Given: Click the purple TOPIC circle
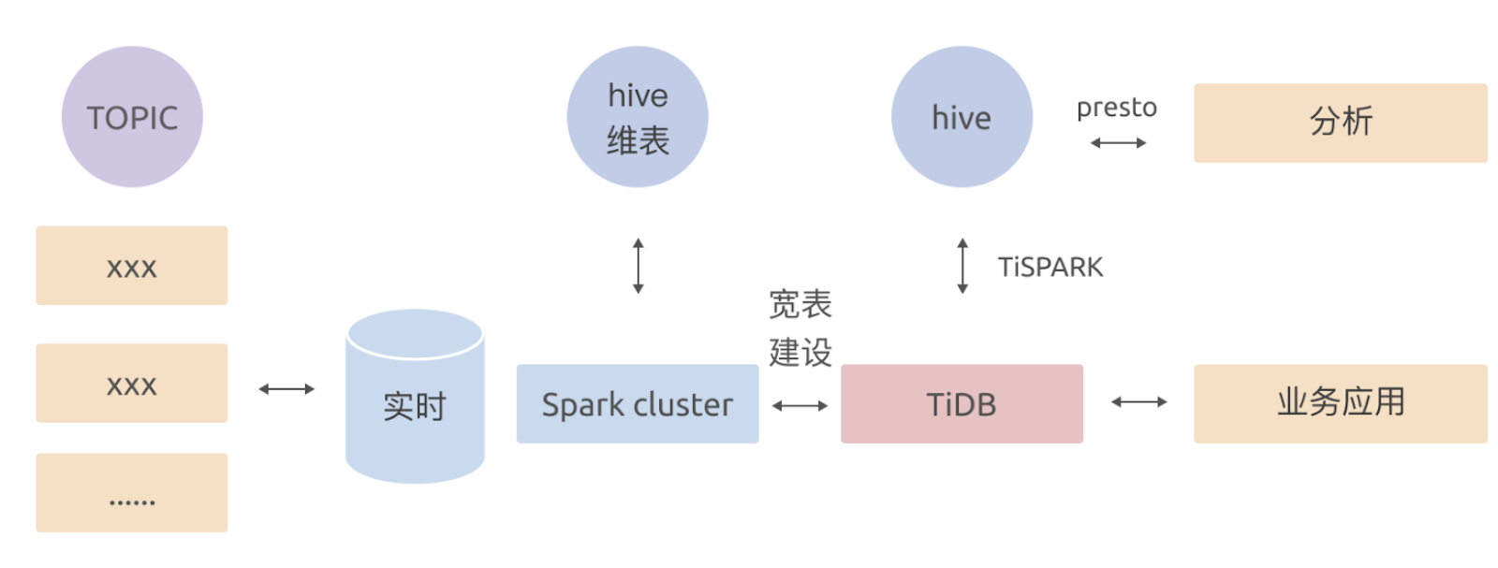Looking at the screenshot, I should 132,117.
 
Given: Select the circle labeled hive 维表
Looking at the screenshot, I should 638,117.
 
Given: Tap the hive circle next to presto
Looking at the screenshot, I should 962,117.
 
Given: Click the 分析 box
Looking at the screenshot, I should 1340,123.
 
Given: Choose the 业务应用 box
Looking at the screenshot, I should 1340,403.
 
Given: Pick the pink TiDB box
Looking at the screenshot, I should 962,403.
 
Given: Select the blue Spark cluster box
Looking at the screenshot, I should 638,403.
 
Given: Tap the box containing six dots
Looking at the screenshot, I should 132,493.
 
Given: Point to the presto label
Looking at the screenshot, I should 1117,109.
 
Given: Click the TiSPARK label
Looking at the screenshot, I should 1050,268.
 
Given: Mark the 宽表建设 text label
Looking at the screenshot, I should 800,328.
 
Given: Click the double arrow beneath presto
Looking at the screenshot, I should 1118,143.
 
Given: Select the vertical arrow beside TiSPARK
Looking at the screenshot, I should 962,266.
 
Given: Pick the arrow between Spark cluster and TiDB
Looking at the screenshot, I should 800,405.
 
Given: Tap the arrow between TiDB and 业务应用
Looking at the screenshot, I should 1138,402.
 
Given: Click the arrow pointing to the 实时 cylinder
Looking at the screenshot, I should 286,389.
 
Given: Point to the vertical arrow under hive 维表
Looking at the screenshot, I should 639,266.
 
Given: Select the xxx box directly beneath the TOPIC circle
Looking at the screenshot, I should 132,266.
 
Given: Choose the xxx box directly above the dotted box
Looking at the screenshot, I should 132,383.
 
